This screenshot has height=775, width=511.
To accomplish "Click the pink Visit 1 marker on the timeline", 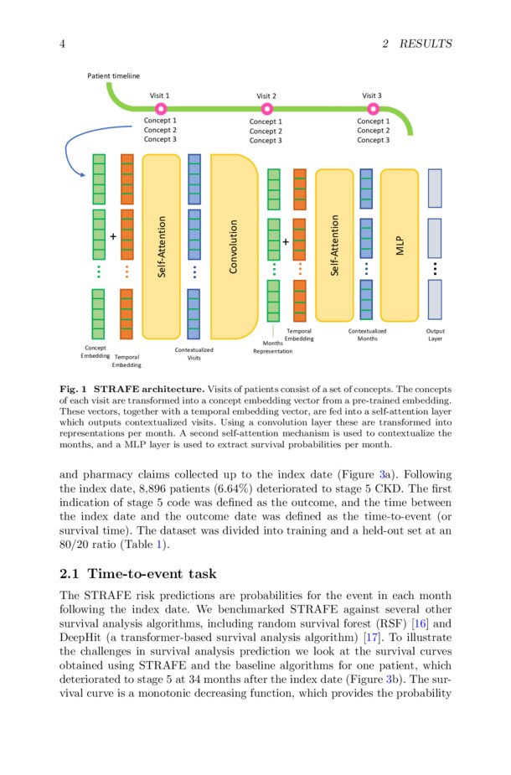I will [161, 109].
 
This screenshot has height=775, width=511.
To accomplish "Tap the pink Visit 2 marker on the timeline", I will [266, 109].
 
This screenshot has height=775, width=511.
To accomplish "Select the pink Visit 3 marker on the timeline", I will [373, 109].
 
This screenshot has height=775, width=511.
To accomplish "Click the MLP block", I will [399, 245].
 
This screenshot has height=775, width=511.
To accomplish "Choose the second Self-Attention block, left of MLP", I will [334, 245].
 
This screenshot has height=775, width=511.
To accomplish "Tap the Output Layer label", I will [435, 335].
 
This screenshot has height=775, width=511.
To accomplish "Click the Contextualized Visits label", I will [194, 354].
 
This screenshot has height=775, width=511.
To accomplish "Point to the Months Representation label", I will [273, 347].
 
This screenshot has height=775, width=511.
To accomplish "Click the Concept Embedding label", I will [95, 352].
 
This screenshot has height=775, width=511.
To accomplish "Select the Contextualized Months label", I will [367, 335].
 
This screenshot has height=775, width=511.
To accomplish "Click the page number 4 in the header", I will [63, 44].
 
